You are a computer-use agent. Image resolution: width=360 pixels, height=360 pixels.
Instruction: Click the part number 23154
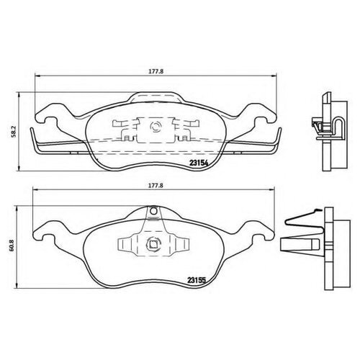point(198,163)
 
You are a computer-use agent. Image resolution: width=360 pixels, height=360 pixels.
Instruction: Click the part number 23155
point(197,280)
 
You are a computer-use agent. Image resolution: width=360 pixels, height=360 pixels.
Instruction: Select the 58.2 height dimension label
point(14,132)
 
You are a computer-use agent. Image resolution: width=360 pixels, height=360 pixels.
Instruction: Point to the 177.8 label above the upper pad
point(156,71)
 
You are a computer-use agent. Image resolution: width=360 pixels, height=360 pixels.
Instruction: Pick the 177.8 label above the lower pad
point(156,185)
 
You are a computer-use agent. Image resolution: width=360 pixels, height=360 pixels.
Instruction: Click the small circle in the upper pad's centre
point(155,127)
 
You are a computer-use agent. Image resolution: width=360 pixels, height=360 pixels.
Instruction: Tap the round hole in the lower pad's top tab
point(153,211)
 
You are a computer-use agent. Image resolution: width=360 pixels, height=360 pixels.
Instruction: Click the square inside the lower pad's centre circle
point(153,244)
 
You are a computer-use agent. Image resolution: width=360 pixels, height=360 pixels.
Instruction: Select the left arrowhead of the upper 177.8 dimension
point(37,76)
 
